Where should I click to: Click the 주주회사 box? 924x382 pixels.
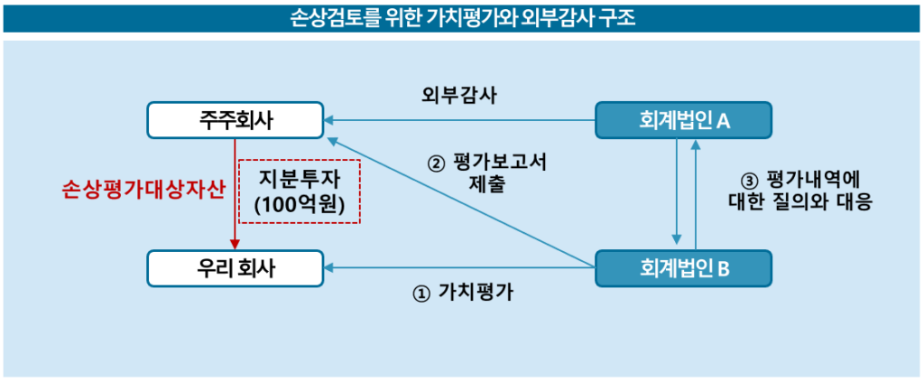[x=236, y=121]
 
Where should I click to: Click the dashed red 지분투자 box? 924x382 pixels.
[x=300, y=191]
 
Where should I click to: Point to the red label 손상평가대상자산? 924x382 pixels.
[x=143, y=191]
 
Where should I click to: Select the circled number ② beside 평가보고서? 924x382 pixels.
[x=436, y=164]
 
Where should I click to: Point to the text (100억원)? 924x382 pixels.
[x=300, y=204]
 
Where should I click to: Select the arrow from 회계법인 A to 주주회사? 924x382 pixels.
[x=460, y=120]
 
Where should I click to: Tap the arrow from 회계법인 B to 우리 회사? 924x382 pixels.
[x=460, y=266]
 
